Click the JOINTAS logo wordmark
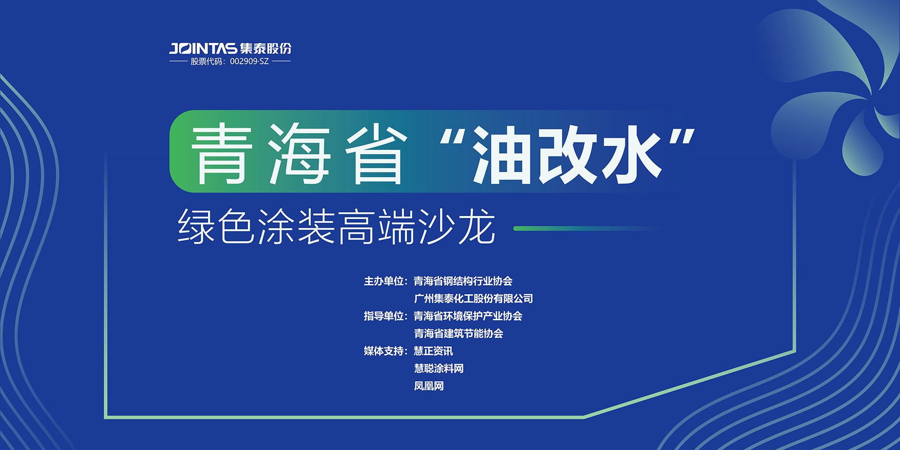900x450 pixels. pos(203,48)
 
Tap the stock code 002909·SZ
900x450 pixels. pos(249,61)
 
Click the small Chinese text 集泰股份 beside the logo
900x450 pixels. pos(266,48)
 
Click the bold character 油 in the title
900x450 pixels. pos(503,154)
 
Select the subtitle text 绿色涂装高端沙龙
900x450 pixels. pos(337,227)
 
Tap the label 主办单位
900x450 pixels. pos(383,281)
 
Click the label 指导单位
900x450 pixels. pos(383,316)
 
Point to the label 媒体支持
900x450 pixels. pos(383,351)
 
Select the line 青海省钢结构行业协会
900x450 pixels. pos(463,281)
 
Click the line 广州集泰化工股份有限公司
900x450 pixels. pos(473,299)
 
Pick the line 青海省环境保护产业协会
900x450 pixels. pos(468,316)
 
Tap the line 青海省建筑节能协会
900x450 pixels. pos(458,334)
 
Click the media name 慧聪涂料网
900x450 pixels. pos(439,368)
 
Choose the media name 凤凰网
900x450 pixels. pos(429,386)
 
